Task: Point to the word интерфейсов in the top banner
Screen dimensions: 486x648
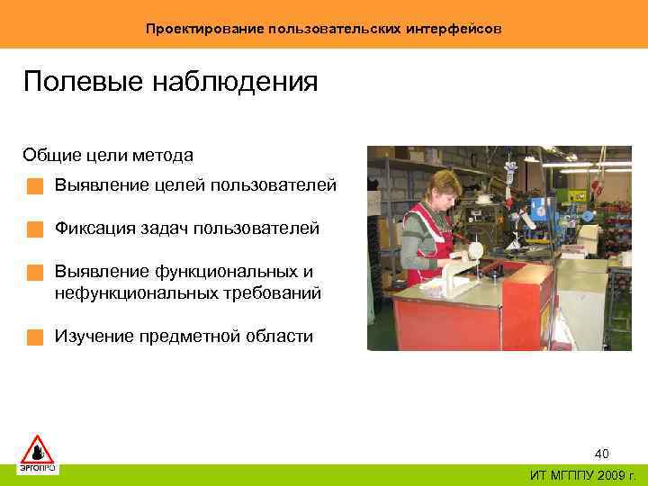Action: (454, 29)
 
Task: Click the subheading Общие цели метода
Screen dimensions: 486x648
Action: (108, 156)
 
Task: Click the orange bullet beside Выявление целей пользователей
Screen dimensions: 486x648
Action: (34, 186)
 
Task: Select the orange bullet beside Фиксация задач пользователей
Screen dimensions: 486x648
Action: (34, 229)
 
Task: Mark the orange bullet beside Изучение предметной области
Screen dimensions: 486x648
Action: (34, 337)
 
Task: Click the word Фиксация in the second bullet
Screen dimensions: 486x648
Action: (94, 229)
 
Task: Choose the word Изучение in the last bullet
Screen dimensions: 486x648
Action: (94, 337)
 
